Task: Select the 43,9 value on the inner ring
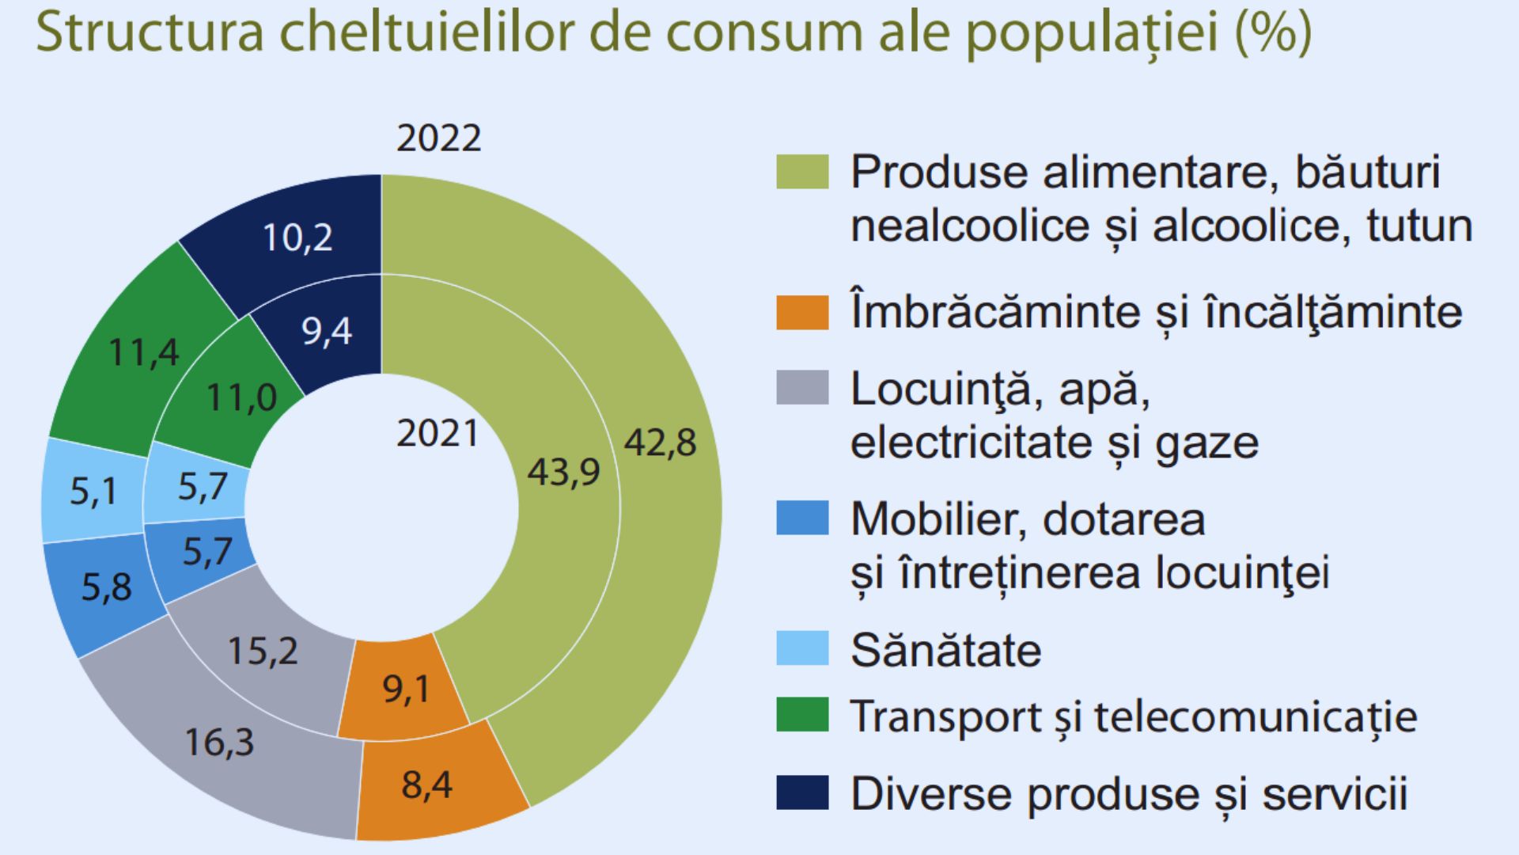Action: [x=563, y=472]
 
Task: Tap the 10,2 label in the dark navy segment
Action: [x=297, y=237]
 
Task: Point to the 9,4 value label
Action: [x=326, y=330]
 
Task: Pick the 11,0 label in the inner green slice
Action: [x=241, y=397]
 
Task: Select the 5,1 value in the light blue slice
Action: [x=93, y=492]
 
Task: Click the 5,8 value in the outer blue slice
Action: [x=106, y=587]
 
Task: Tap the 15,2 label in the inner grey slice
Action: [x=263, y=651]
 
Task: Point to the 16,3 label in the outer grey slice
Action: [x=219, y=743]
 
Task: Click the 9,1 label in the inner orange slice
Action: [x=407, y=689]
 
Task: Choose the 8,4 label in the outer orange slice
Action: [x=426, y=785]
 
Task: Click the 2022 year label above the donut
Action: [x=438, y=139]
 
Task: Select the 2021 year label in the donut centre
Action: [x=438, y=434]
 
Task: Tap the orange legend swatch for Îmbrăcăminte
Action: [x=801, y=312]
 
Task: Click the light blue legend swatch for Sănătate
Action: [x=801, y=648]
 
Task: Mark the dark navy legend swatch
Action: [x=801, y=793]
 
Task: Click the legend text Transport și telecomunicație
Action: [x=1133, y=716]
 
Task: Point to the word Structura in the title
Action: [x=150, y=32]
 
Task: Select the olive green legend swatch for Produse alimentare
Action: [x=801, y=171]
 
